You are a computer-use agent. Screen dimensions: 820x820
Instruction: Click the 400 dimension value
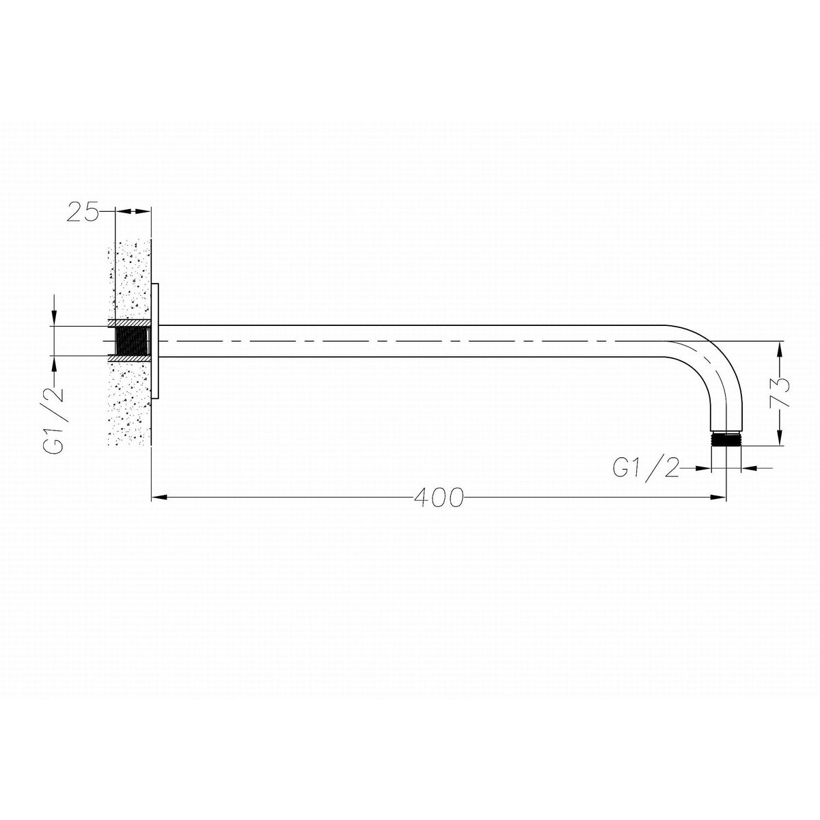tap(439, 497)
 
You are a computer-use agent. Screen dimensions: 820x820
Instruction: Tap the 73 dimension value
tap(779, 392)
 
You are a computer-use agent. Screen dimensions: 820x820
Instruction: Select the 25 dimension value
tap(83, 211)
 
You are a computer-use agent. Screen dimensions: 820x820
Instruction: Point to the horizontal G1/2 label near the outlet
tap(646, 468)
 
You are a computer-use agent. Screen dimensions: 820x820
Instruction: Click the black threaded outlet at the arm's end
tap(726, 439)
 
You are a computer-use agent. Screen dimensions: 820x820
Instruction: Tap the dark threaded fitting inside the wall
tap(132, 341)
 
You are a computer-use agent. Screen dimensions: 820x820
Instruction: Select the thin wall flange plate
tap(155, 341)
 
